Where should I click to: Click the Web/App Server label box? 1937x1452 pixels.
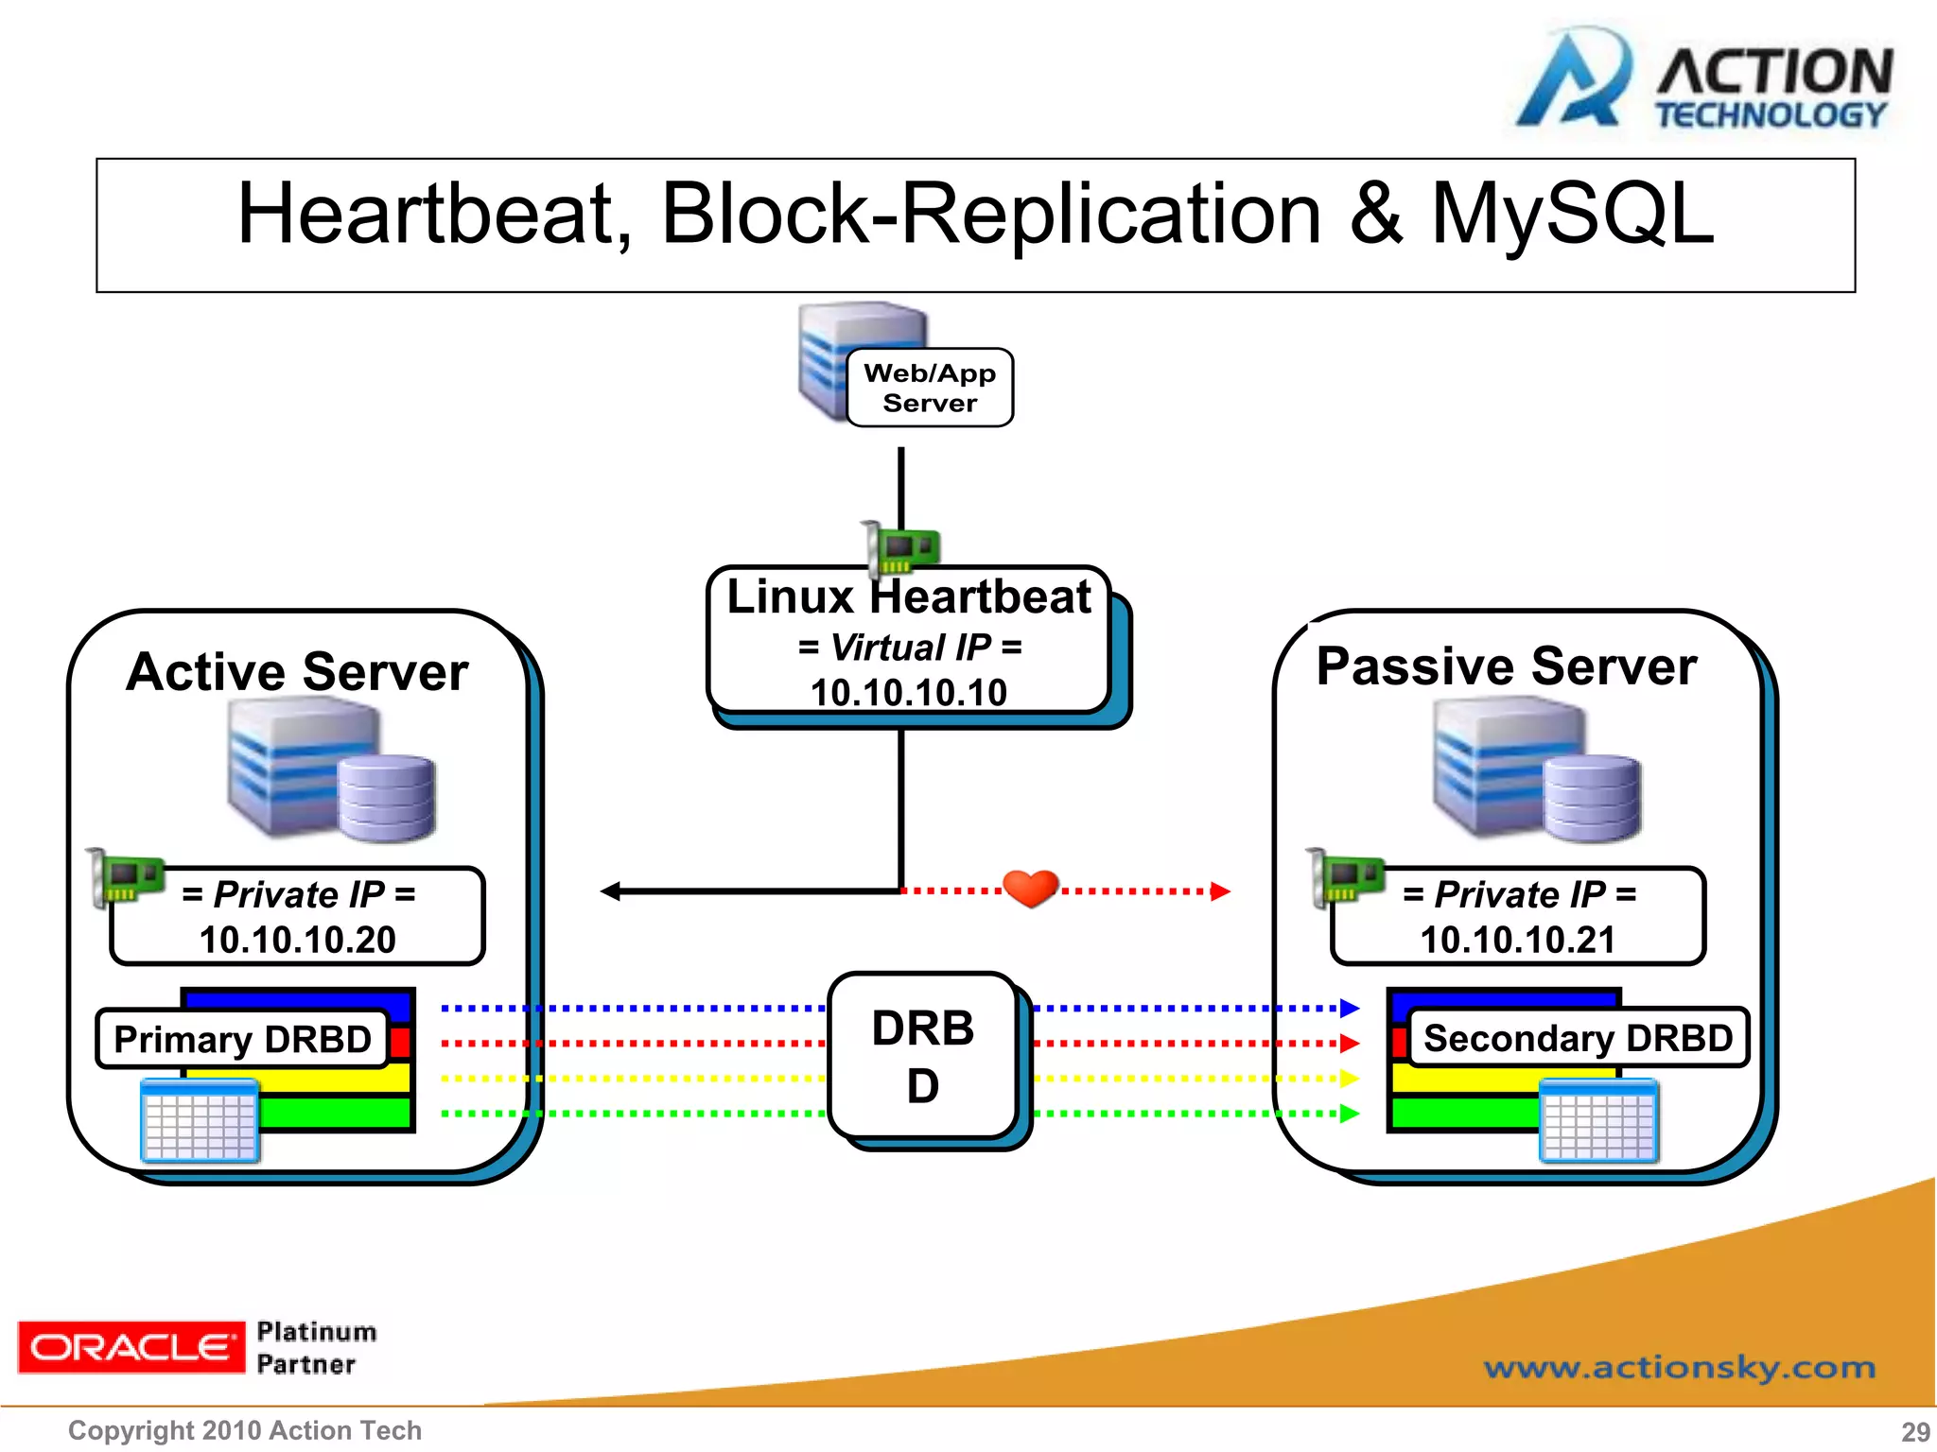point(929,388)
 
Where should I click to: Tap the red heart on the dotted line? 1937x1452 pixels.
point(1030,888)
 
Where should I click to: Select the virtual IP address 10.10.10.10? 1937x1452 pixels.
point(908,693)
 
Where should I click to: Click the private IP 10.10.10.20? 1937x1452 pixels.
point(297,940)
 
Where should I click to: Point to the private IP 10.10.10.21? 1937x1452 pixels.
point(1517,940)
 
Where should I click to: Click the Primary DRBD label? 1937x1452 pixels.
point(242,1039)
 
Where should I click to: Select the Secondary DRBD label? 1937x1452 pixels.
point(1578,1038)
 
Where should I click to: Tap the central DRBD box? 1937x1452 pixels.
point(923,1056)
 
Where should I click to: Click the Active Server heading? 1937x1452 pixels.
point(297,672)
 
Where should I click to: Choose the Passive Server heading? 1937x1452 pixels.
point(1506,666)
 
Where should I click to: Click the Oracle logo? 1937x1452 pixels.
point(131,1347)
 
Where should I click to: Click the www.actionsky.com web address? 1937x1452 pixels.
point(1679,1367)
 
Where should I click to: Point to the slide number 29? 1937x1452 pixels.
point(1915,1431)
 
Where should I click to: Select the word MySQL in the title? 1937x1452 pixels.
point(1572,215)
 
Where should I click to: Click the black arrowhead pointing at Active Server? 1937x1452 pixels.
point(611,891)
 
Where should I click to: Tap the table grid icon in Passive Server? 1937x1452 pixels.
point(1597,1121)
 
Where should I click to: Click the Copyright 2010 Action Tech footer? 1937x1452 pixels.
point(244,1430)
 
